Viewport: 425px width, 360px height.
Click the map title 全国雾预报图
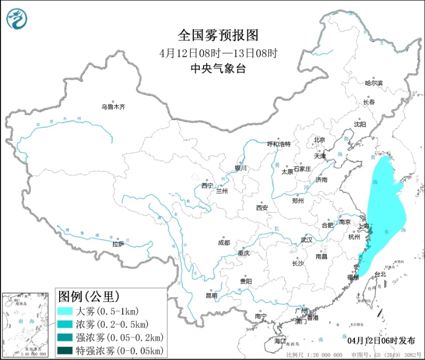(x=218, y=36)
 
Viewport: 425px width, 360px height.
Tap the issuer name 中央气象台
(x=218, y=69)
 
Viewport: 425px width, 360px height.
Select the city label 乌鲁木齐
(x=113, y=107)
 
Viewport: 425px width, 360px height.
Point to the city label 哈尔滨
(x=373, y=83)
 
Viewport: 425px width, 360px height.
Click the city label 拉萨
(x=117, y=244)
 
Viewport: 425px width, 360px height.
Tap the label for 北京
(x=319, y=140)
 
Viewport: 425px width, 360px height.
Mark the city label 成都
(x=224, y=243)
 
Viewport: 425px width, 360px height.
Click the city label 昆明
(x=211, y=296)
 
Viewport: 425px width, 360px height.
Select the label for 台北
(x=380, y=275)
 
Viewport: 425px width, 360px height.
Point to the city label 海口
(x=279, y=340)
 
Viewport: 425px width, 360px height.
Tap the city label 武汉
(x=307, y=239)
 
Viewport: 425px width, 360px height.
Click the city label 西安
(x=262, y=208)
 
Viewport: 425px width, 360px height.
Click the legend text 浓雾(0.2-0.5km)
(x=112, y=324)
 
